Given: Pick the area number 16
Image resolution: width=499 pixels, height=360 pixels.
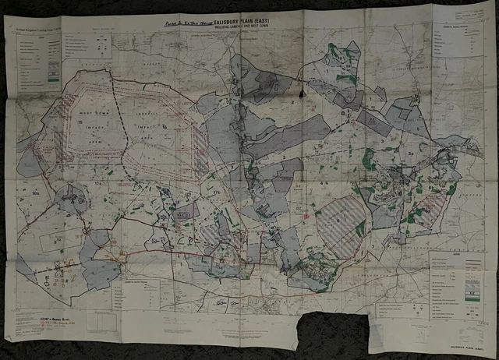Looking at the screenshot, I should [x=164, y=125].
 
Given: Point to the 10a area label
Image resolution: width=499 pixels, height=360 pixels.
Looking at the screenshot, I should [x=36, y=189].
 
